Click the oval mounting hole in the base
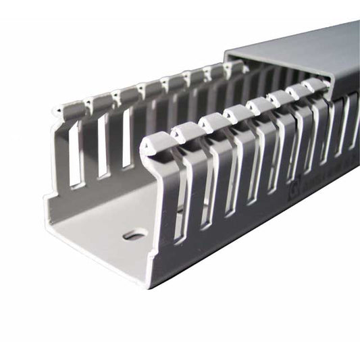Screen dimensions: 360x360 pos(134,235)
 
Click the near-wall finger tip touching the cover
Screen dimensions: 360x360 pos(316,84)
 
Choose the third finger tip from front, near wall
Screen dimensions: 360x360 pos(211,122)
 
